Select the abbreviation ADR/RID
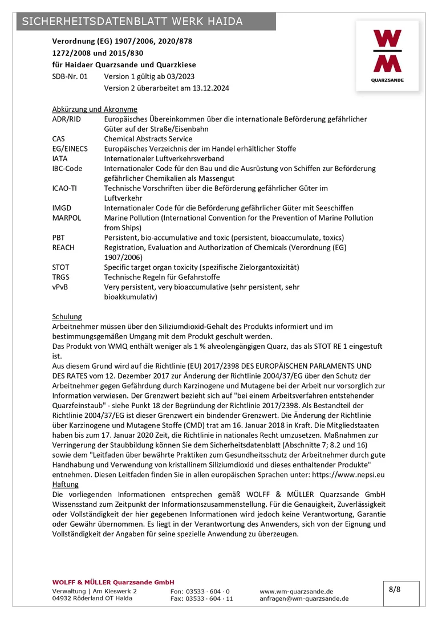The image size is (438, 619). (x=66, y=119)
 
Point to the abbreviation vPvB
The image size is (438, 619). (x=60, y=287)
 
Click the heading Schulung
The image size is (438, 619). (x=67, y=316)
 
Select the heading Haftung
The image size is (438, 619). (x=65, y=484)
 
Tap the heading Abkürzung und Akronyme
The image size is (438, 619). (x=95, y=109)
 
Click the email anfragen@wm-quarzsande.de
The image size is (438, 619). (x=304, y=598)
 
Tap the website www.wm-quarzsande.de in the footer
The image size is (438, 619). (x=297, y=592)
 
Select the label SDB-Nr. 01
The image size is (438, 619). (x=70, y=76)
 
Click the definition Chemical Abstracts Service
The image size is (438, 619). (x=148, y=139)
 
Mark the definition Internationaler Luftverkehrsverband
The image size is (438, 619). (x=164, y=158)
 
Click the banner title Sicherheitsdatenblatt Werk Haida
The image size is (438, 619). (x=132, y=22)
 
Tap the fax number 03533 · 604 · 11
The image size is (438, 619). (x=202, y=598)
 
